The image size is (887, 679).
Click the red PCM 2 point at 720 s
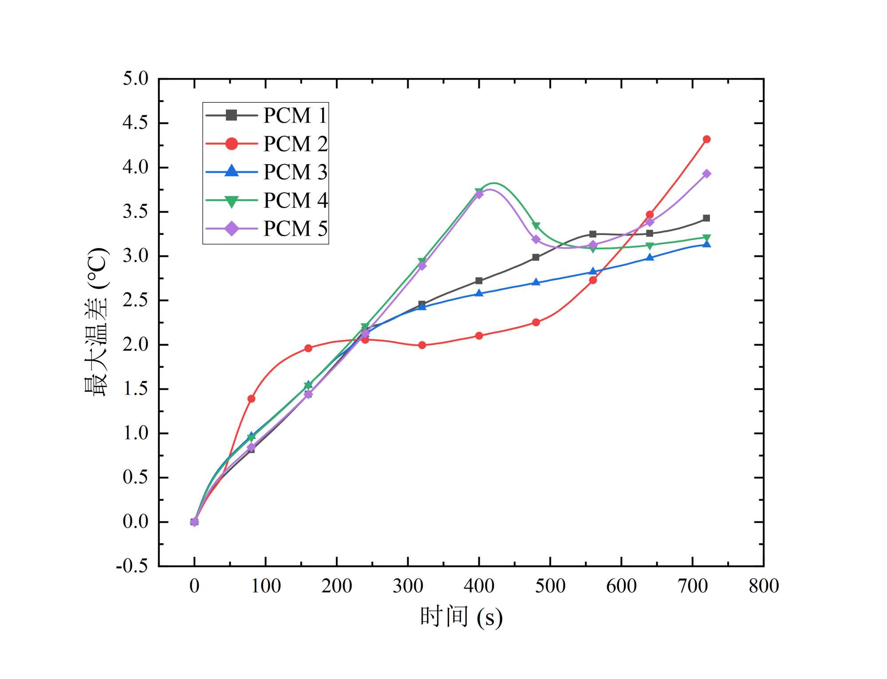(x=706, y=139)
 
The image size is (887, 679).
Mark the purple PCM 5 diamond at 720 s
(x=706, y=174)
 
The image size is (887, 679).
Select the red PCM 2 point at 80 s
(x=251, y=399)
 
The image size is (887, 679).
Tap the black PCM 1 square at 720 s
(x=706, y=218)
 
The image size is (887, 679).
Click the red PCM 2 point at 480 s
(x=536, y=322)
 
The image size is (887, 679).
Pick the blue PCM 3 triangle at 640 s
(x=650, y=257)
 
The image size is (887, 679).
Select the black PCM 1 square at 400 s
(x=479, y=281)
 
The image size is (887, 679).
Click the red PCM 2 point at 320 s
(x=422, y=345)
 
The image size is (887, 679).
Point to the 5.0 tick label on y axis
(x=135, y=79)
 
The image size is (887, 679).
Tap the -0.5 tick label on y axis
(x=132, y=566)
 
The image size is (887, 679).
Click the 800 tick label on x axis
(x=763, y=586)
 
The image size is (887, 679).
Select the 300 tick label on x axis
(x=408, y=586)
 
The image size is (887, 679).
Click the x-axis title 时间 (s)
(x=461, y=617)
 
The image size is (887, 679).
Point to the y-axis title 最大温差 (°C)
(x=96, y=322)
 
